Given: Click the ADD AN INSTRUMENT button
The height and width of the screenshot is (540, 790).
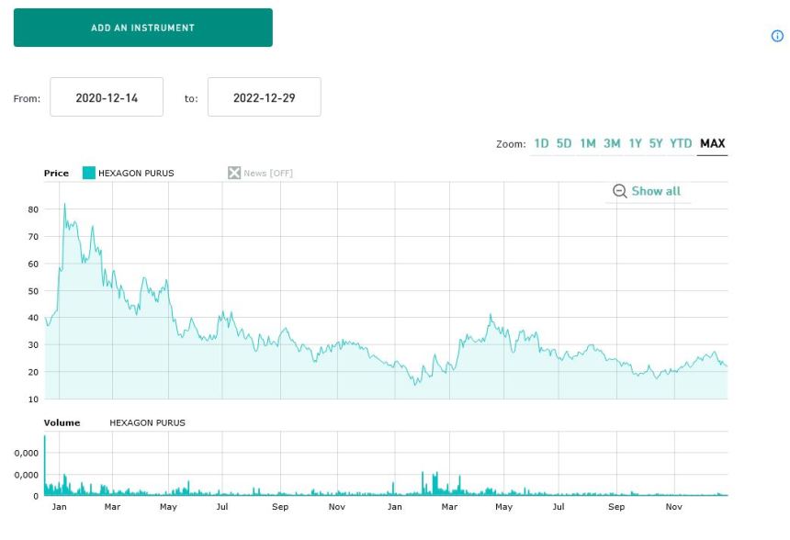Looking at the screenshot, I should coord(142,28).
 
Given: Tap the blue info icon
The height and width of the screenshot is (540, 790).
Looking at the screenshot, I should coord(777,37).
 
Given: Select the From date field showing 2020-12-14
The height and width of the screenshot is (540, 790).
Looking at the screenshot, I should coord(107,97).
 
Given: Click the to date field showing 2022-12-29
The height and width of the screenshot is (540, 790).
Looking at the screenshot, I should coord(265,97).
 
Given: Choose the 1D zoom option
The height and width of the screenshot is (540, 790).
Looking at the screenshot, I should coord(541,143).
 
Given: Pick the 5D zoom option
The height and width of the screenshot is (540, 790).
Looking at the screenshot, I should coord(564,143).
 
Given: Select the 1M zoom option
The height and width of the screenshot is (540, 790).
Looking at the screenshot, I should coord(588,143).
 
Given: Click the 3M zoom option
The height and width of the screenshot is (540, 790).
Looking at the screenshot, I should coord(612,143).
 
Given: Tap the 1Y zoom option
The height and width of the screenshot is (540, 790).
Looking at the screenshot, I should coord(635,143).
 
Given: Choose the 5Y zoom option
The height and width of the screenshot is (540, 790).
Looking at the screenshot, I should coord(656,143).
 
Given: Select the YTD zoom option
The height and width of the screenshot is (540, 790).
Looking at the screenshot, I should coord(681,143).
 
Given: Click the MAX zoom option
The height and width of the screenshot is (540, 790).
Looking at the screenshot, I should coord(712,143).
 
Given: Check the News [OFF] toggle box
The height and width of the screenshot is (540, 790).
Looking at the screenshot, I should coord(234,173).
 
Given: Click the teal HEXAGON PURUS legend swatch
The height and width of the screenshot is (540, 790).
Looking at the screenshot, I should coord(89,173).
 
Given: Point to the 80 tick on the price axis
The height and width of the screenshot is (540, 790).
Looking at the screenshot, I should coord(33,209).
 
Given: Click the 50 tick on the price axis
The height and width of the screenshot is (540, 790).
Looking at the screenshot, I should coord(33,291).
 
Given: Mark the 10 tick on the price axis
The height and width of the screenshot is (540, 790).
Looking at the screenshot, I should coord(33,399).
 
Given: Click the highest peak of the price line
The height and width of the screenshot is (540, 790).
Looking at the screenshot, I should coord(64,204).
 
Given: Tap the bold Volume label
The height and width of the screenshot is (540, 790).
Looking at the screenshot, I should coord(62,423).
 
